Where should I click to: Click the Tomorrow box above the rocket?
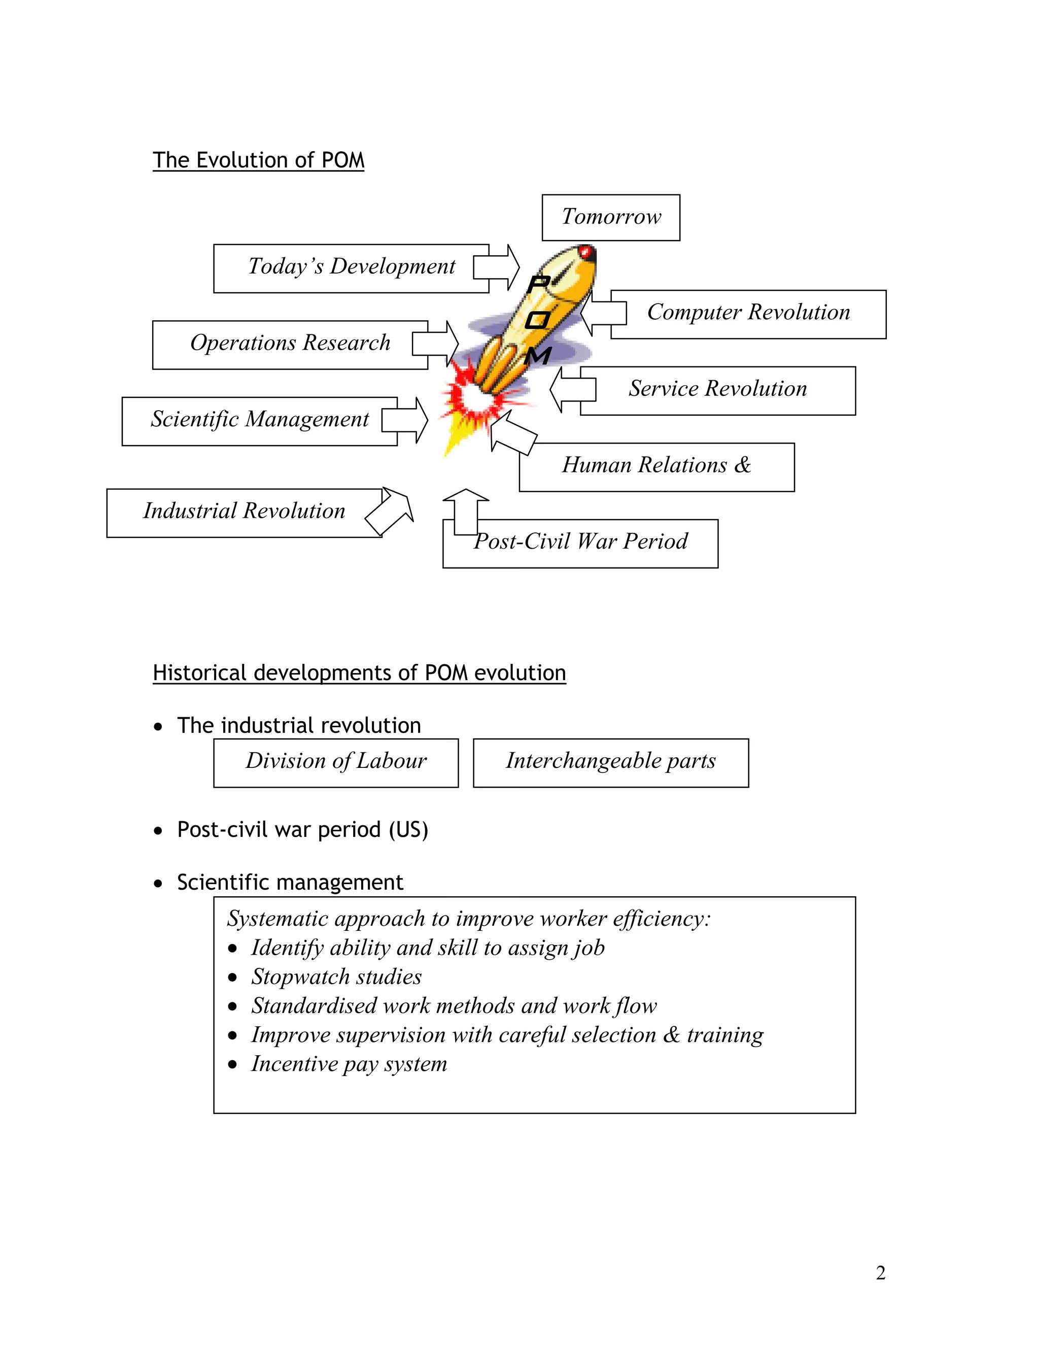[x=611, y=217]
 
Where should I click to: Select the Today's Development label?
[x=352, y=266]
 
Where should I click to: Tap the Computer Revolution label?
[x=748, y=313]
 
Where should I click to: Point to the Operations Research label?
[x=290, y=343]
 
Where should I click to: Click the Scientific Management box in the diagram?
[x=260, y=419]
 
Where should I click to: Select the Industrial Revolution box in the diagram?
[x=244, y=511]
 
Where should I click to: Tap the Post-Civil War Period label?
[x=580, y=542]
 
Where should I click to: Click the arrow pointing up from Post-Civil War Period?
[x=466, y=511]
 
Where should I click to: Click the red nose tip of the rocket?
[x=586, y=252]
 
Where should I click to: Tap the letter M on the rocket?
[x=538, y=356]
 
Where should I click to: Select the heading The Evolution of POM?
[x=259, y=160]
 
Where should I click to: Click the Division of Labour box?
[x=336, y=762]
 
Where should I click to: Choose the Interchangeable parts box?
[x=611, y=762]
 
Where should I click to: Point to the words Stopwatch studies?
[x=336, y=977]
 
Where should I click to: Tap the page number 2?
[x=880, y=1273]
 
